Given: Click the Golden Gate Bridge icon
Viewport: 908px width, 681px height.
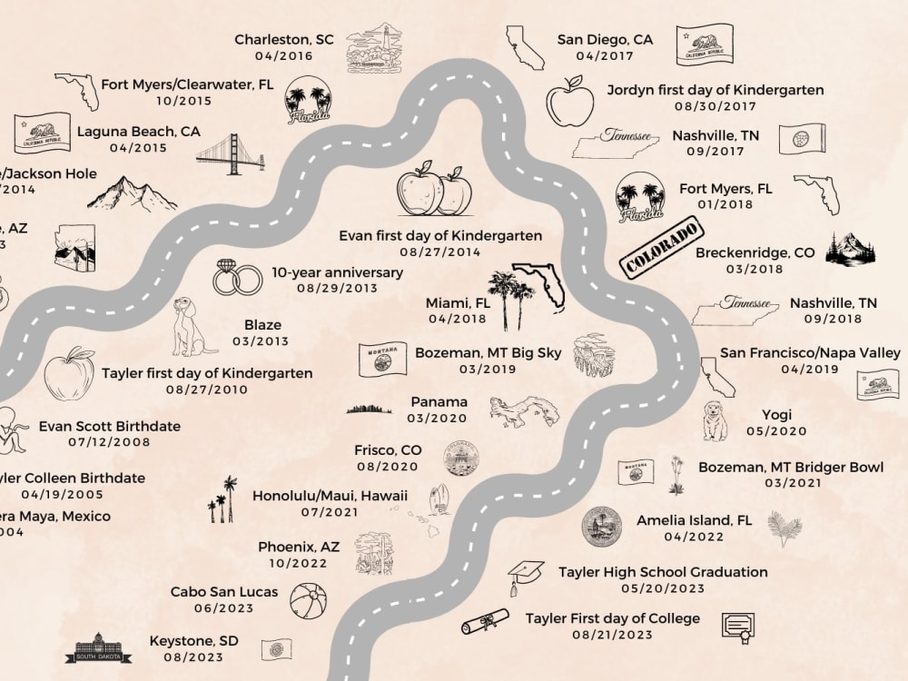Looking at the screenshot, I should pyautogui.click(x=230, y=155).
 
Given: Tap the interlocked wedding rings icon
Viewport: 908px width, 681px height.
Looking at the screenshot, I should pyautogui.click(x=237, y=279).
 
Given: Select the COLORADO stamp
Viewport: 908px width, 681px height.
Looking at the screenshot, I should pyautogui.click(x=662, y=248).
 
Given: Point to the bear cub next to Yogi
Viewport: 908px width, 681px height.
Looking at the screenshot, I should pyautogui.click(x=716, y=421).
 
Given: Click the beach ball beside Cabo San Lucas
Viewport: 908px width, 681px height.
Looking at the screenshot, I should pyautogui.click(x=308, y=601).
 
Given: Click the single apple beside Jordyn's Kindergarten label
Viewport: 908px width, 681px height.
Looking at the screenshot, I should pyautogui.click(x=569, y=104).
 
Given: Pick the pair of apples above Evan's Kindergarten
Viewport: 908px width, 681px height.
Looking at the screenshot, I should pyautogui.click(x=435, y=190).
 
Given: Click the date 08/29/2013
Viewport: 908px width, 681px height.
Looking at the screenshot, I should pyautogui.click(x=337, y=289).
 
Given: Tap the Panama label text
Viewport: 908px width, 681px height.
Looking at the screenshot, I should pyautogui.click(x=439, y=401).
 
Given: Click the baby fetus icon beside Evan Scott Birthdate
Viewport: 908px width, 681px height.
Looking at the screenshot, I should pyautogui.click(x=13, y=429).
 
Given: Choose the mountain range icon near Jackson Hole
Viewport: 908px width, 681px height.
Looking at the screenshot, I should pyautogui.click(x=132, y=194).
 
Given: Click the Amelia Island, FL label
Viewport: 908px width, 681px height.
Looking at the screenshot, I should pyautogui.click(x=694, y=520).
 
